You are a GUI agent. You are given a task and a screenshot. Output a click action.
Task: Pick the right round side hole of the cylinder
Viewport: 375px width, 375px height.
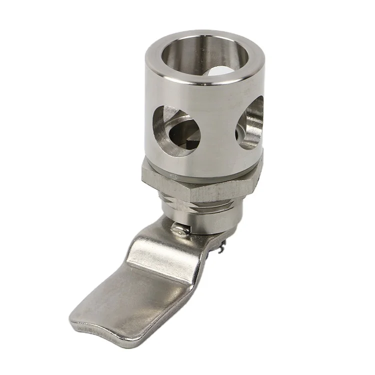point(249,123)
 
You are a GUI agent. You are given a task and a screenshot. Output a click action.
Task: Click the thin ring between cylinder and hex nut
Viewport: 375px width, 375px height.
point(200,167)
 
